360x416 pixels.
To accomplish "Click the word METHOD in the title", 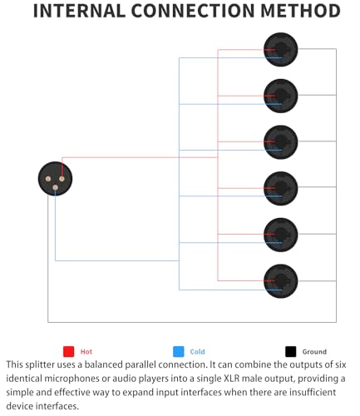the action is click(x=301, y=11).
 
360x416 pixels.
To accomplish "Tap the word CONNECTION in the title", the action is click(x=193, y=11).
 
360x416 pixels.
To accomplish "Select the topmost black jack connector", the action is click(x=281, y=50).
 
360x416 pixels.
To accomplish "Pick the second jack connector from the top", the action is click(x=281, y=96).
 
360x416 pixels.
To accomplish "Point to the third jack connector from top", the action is click(x=281, y=142).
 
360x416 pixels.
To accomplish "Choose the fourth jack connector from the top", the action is click(x=281, y=189).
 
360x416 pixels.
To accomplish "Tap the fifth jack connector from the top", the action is click(x=281, y=235).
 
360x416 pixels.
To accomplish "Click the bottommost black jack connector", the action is click(x=281, y=281).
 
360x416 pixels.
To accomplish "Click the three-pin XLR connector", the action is click(x=55, y=179).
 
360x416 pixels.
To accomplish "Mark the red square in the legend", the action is click(x=69, y=351).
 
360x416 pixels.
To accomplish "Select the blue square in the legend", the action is click(x=179, y=351).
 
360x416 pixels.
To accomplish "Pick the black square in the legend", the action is click(x=290, y=351).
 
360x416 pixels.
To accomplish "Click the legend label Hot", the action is click(x=86, y=352).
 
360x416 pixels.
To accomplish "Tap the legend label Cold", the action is click(x=197, y=352).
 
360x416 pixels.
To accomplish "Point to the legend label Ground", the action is click(x=314, y=352).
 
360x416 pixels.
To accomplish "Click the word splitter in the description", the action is click(x=40, y=364).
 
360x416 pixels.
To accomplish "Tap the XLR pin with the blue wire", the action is click(x=55, y=188).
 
